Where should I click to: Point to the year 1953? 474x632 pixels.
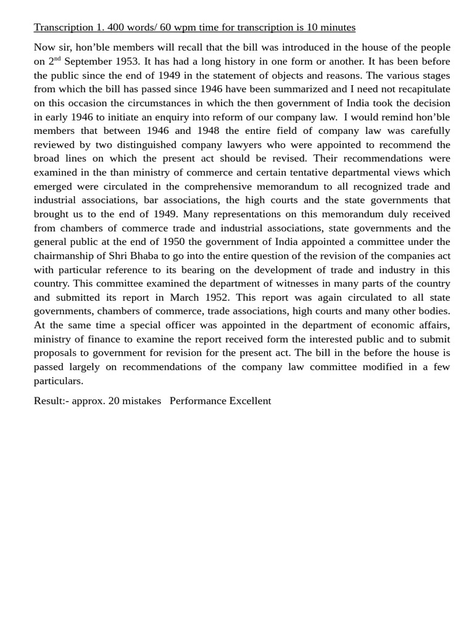point(128,61)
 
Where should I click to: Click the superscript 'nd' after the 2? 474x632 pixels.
point(57,59)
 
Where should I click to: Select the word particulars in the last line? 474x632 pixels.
point(58,381)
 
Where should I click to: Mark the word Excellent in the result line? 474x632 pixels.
point(250,401)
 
